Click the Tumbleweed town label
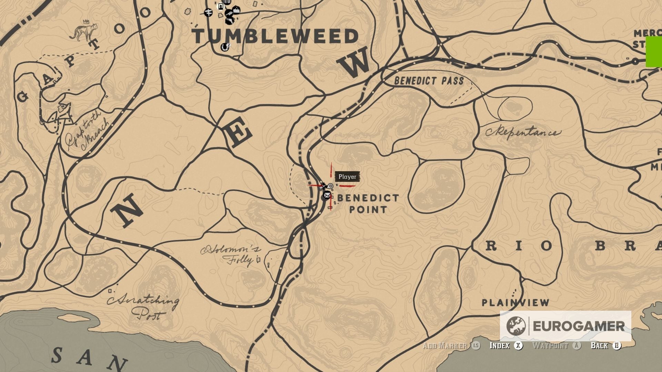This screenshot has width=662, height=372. pyautogui.click(x=275, y=37)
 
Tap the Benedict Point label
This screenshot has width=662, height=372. pyautogui.click(x=368, y=204)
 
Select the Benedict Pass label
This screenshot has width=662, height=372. pyautogui.click(x=429, y=81)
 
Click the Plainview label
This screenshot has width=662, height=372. pyautogui.click(x=515, y=303)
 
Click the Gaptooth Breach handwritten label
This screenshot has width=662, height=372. pyautogui.click(x=88, y=131)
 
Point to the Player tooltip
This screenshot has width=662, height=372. pyautogui.click(x=347, y=177)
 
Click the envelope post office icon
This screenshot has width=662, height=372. pyautogui.click(x=327, y=196)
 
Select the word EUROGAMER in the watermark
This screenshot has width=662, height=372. pyautogui.click(x=579, y=326)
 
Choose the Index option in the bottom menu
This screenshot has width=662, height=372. pyautogui.click(x=499, y=345)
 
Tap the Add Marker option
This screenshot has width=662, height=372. pyautogui.click(x=445, y=345)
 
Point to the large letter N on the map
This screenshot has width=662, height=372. pyautogui.click(x=128, y=210)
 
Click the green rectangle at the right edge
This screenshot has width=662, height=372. pyautogui.click(x=654, y=52)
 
